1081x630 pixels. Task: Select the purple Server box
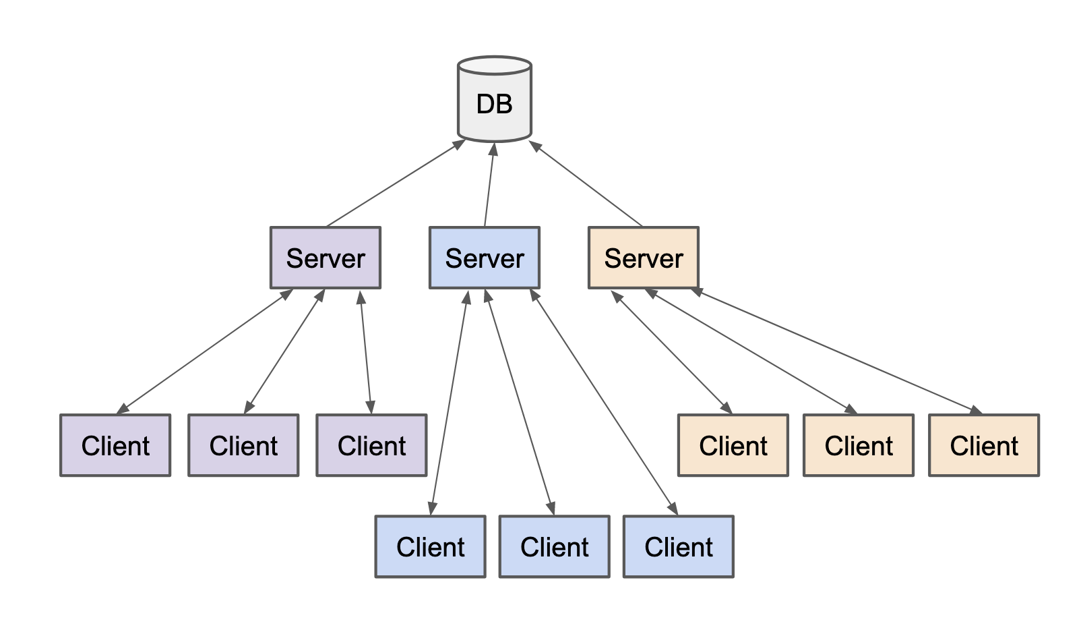click(326, 258)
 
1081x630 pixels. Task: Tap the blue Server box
click(485, 258)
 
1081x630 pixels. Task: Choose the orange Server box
click(644, 258)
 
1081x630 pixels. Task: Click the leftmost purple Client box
click(115, 445)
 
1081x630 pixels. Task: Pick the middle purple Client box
click(243, 445)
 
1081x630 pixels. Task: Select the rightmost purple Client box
click(371, 445)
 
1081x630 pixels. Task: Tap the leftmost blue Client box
click(430, 546)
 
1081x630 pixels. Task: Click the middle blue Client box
click(554, 546)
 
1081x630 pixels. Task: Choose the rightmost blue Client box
click(678, 546)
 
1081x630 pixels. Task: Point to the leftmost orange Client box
click(733, 445)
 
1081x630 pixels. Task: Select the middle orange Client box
click(859, 445)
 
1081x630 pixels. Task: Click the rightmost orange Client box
click(984, 445)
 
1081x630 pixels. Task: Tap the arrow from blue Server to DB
click(489, 185)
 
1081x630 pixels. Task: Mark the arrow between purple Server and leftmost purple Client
click(204, 351)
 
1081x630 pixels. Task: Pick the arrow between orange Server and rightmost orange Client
click(836, 351)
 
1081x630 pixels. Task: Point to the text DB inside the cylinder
click(494, 104)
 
